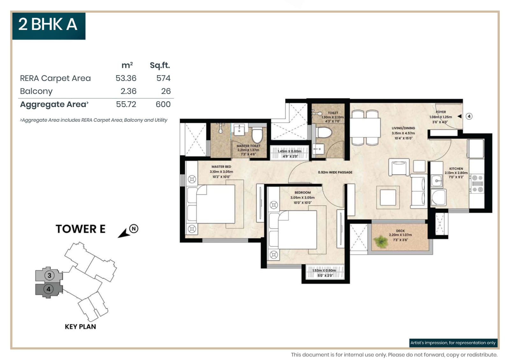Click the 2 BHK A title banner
point(48,25)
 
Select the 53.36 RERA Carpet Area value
point(126,78)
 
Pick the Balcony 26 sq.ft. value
point(166,91)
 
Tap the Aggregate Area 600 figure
point(163,104)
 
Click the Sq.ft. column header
point(160,65)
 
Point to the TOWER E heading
point(80,229)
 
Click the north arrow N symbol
point(134,228)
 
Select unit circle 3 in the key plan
point(49,275)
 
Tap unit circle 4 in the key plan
point(48,289)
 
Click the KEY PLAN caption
point(80,327)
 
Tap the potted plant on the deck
point(381,241)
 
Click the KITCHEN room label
point(456,169)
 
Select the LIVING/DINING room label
point(403,128)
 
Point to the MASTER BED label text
point(221,167)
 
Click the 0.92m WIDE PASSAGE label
point(335,172)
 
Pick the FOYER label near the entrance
point(441,112)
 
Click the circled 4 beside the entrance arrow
point(469,116)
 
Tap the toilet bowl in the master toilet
point(257,135)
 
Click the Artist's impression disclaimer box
point(453,343)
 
